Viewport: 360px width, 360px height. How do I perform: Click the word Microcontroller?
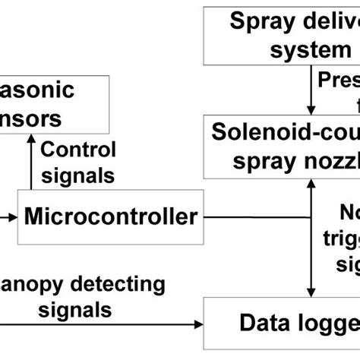110,217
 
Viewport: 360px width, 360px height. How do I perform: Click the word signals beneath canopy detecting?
76,310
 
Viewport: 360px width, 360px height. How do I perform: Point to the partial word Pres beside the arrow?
339,80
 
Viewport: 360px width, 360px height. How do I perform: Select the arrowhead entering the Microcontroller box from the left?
12,217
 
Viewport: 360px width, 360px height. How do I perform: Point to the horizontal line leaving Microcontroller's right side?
258,217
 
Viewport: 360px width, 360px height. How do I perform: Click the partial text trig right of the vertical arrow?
341,241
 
